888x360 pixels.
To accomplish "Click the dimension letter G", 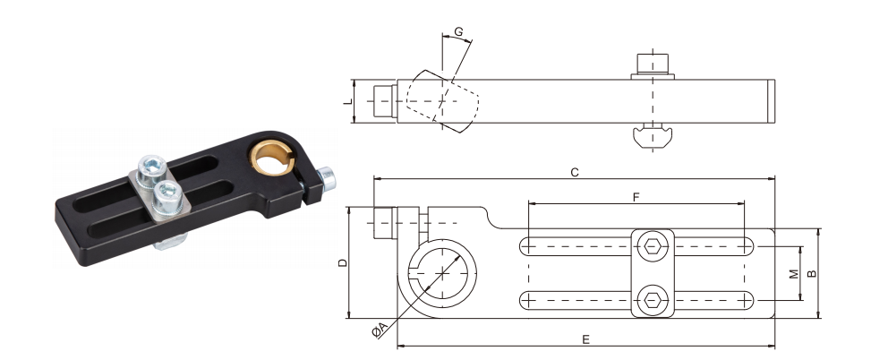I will [458, 32].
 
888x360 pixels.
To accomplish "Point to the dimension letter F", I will [636, 194].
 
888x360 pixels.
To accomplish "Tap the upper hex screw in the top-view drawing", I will [653, 246].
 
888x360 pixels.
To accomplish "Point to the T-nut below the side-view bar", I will [653, 136].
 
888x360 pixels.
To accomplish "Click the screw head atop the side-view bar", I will [653, 64].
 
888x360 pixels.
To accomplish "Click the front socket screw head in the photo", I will [166, 191].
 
